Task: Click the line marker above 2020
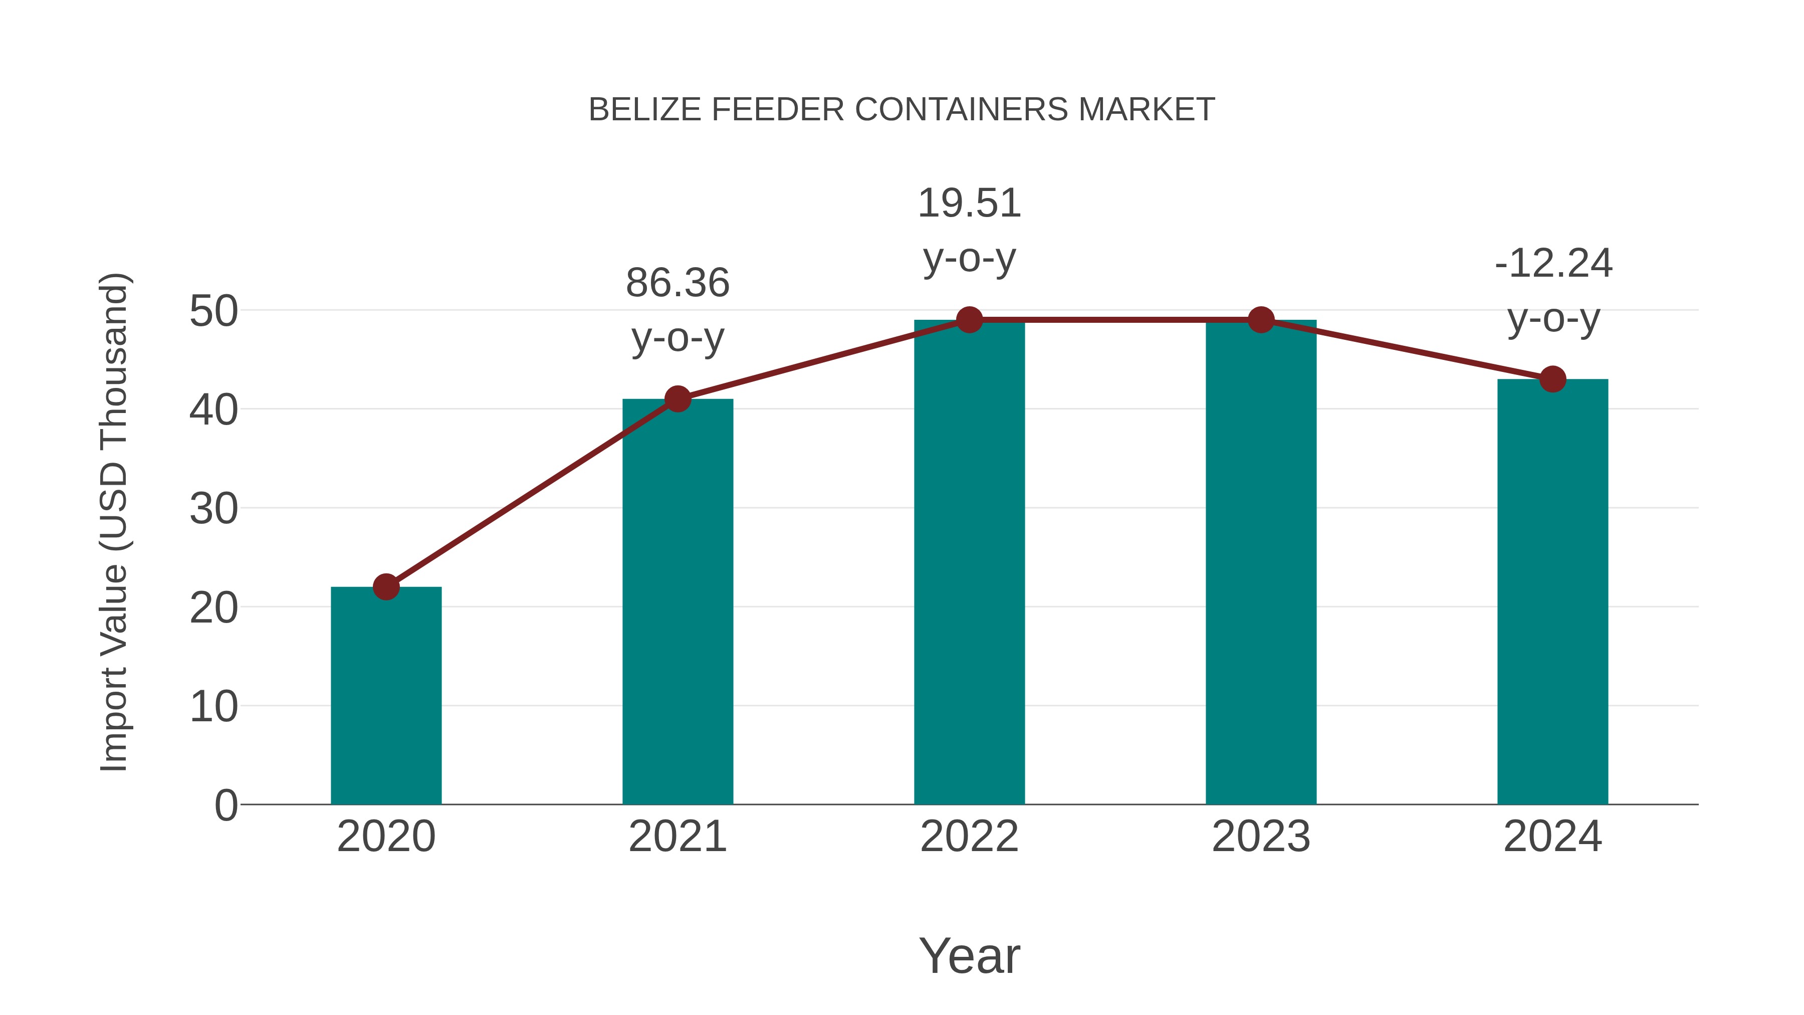(386, 586)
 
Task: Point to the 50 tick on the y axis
(213, 311)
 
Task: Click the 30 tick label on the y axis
(213, 509)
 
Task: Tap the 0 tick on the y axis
(225, 805)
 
